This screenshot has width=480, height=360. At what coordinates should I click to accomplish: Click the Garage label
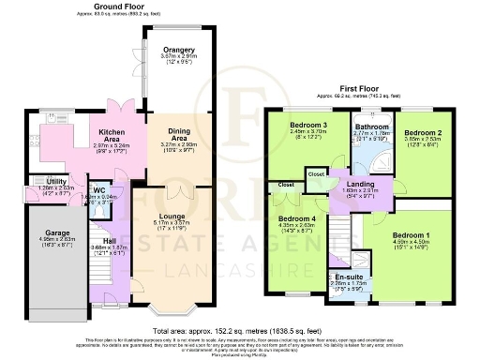46,239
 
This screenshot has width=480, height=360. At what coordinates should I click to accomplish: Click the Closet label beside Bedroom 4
285,186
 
